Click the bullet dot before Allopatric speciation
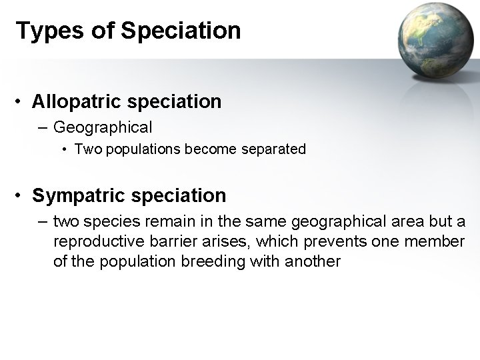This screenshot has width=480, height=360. pyautogui.click(x=22, y=102)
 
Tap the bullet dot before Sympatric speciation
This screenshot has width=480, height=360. pyautogui.click(x=22, y=196)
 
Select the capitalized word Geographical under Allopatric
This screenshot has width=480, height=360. pyautogui.click(x=103, y=126)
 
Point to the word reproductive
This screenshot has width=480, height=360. pyautogui.click(x=95, y=241)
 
